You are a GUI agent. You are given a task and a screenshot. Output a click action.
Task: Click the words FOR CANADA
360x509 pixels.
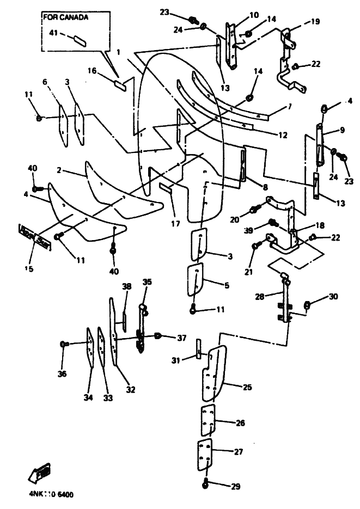(66, 17)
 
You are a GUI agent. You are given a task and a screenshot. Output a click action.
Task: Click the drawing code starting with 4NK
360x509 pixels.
(52, 495)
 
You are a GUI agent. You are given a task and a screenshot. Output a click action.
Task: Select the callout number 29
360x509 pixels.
(235, 486)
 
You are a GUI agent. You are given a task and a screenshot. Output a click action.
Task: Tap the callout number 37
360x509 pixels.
(181, 338)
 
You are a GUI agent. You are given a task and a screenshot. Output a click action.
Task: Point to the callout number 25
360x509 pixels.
(247, 387)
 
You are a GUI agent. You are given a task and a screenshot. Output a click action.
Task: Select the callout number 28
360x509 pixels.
(260, 297)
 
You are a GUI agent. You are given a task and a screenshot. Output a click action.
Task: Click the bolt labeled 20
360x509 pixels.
(253, 210)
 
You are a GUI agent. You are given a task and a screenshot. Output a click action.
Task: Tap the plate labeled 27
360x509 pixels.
(204, 455)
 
